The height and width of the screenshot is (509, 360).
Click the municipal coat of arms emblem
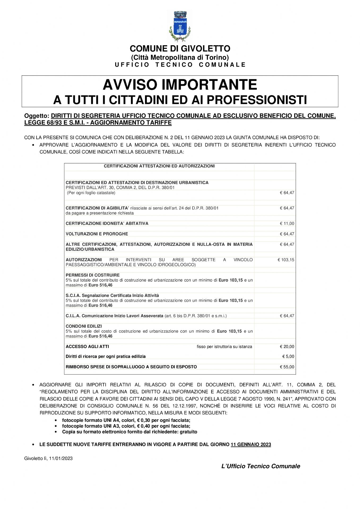click(x=180, y=27)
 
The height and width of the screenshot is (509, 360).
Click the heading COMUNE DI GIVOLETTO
click(x=180, y=49)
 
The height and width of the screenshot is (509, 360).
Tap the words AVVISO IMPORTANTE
click(x=180, y=85)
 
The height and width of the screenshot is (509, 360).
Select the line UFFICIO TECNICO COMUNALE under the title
click(x=180, y=65)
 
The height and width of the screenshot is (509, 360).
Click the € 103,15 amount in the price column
click(x=286, y=260)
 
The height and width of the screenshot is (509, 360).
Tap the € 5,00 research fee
click(x=288, y=357)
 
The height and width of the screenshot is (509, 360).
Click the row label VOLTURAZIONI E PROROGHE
click(x=97, y=234)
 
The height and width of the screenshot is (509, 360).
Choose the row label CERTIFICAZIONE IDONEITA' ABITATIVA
click(x=107, y=223)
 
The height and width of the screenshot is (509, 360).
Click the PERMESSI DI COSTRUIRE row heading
click(x=93, y=275)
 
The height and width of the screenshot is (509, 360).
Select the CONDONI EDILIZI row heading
click(x=84, y=326)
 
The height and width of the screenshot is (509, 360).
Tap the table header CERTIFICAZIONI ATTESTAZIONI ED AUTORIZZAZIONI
click(x=159, y=166)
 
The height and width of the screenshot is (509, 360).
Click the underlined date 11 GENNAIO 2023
click(x=251, y=445)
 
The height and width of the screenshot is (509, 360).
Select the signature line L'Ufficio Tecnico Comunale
click(x=261, y=466)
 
